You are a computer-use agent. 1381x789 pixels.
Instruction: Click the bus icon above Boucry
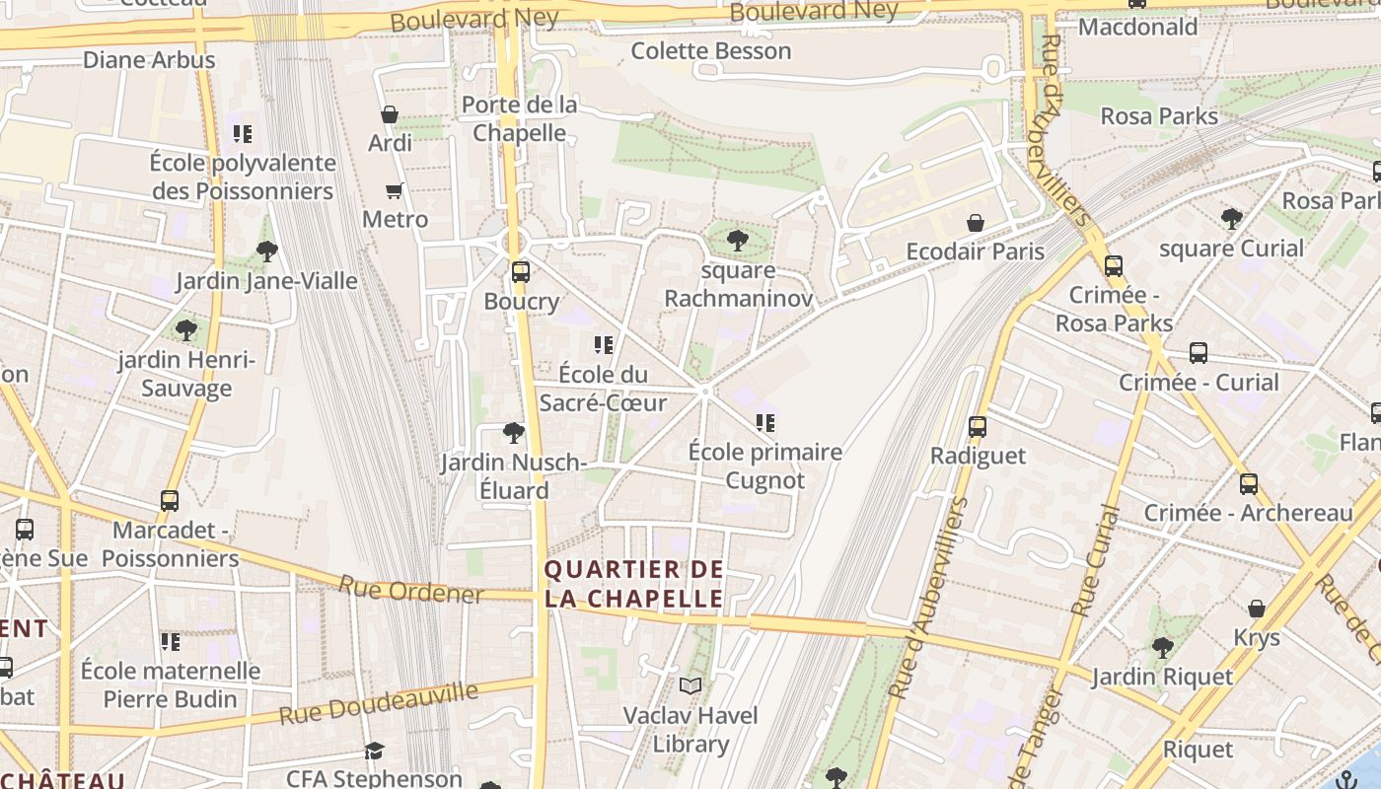tap(520, 272)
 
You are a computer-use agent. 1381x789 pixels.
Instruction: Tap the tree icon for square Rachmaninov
tap(737, 239)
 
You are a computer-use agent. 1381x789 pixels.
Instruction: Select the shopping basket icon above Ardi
tap(390, 114)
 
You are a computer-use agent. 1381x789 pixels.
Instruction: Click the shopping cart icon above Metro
tap(395, 190)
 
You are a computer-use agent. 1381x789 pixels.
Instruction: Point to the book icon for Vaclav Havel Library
tap(690, 685)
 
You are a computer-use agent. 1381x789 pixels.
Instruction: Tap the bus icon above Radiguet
tap(977, 427)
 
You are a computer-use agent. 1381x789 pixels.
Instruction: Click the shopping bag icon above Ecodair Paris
tap(976, 223)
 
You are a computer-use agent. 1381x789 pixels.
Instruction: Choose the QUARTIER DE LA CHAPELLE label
tap(634, 584)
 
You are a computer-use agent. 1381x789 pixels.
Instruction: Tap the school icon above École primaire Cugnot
tap(765, 423)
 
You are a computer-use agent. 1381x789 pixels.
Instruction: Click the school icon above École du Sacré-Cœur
tap(604, 345)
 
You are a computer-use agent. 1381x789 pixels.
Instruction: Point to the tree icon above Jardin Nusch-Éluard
tap(513, 432)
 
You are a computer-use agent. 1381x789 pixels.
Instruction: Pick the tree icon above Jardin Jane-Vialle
tap(266, 251)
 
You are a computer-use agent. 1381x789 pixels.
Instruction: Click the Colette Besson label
tap(711, 50)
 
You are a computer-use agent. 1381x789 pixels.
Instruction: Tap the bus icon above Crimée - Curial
tap(1199, 353)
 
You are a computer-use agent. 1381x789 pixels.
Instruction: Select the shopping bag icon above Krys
tap(1257, 609)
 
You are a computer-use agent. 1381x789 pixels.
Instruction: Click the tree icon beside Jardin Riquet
tap(1163, 648)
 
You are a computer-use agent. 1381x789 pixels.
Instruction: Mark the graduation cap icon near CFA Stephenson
tap(374, 753)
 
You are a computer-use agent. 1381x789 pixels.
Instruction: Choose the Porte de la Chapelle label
tap(519, 118)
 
